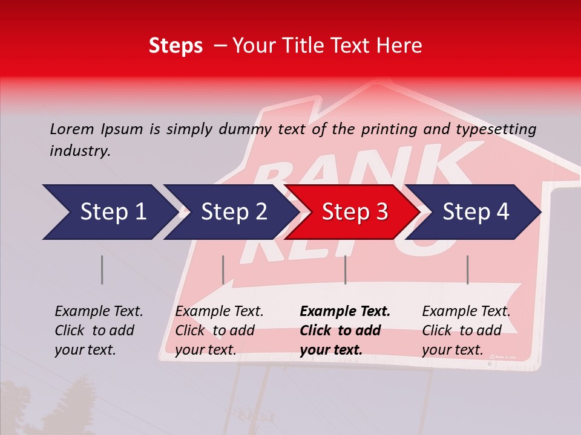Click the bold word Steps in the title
pyautogui.click(x=176, y=46)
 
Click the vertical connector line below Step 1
pyautogui.click(x=102, y=269)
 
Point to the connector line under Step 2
pyautogui.click(x=223, y=269)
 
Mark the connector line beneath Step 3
pyautogui.click(x=345, y=269)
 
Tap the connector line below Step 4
pyautogui.click(x=467, y=269)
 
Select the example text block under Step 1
pyautogui.click(x=99, y=330)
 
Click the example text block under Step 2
pyautogui.click(x=219, y=330)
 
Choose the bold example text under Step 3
pyautogui.click(x=345, y=330)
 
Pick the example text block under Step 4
pyautogui.click(x=466, y=330)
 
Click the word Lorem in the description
pyautogui.click(x=72, y=129)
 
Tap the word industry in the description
pyautogui.click(x=80, y=151)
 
